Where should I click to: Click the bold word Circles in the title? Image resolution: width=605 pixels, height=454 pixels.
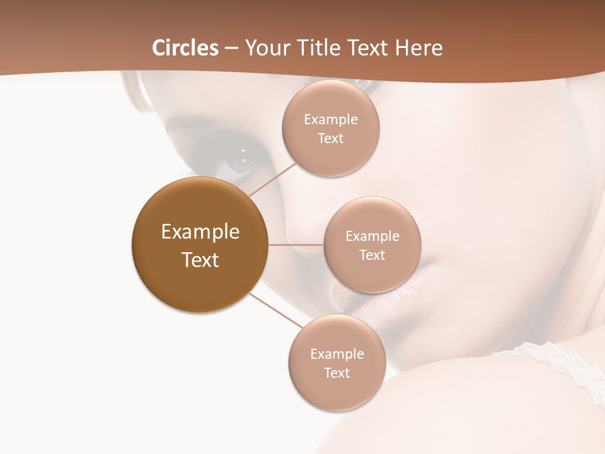185,47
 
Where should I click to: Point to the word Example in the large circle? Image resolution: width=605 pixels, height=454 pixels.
200,232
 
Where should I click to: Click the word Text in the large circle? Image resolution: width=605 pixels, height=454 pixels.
200,260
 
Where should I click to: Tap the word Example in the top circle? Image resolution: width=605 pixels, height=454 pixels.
331,119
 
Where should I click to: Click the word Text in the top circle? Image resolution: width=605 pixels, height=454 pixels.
331,138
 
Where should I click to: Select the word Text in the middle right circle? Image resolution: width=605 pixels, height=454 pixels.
372,255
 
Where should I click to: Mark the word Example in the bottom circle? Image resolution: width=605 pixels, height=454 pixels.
337,354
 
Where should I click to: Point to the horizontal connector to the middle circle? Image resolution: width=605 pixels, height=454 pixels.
296,245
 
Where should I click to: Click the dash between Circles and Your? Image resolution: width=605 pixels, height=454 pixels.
231,49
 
